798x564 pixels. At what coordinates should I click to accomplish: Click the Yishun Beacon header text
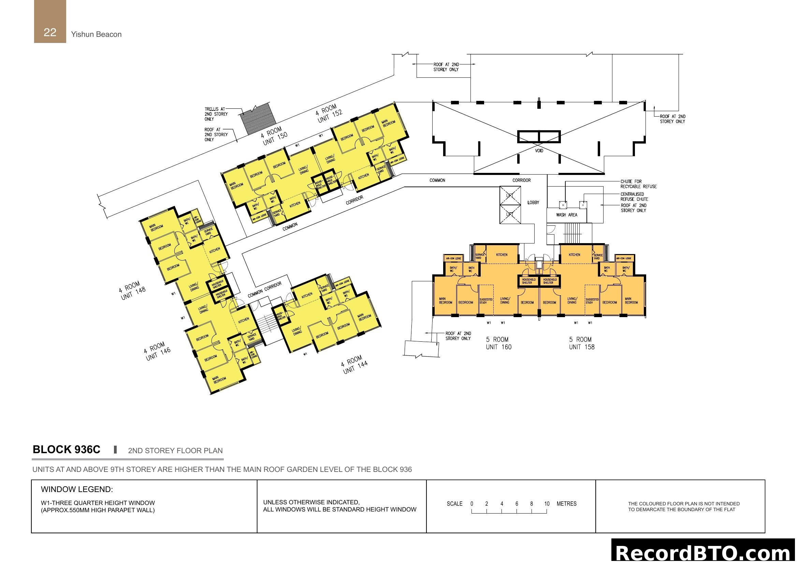[x=96, y=34]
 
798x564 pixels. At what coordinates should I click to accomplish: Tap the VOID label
[x=539, y=151]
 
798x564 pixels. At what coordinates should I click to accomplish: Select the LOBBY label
[x=533, y=203]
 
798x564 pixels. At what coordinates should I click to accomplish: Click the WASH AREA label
[x=566, y=215]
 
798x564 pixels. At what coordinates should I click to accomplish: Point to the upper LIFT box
[x=510, y=195]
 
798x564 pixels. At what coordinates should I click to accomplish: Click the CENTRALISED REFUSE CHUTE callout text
[x=634, y=196]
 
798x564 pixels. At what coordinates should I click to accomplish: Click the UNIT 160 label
[x=498, y=347]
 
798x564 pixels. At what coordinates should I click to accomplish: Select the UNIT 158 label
[x=581, y=347]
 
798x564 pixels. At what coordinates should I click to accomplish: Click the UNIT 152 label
[x=330, y=116]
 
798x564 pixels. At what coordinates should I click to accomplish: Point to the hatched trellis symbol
[x=259, y=118]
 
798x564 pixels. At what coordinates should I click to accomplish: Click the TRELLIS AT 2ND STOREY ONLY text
[x=216, y=114]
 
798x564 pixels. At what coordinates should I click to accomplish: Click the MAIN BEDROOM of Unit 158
[x=631, y=300]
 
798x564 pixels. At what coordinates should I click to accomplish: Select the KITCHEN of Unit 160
[x=501, y=255]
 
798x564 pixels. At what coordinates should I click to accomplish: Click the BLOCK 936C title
[x=67, y=449]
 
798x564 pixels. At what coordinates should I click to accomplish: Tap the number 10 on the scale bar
[x=547, y=504]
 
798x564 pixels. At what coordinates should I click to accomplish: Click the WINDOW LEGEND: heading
[x=77, y=489]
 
